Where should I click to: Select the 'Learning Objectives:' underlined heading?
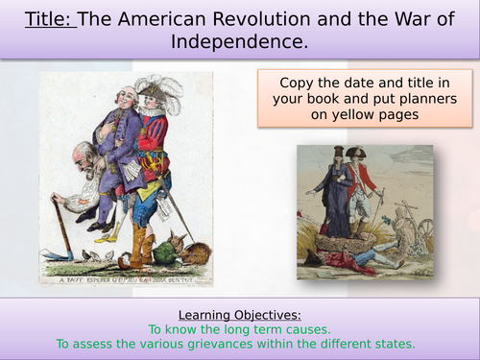tap(240, 313)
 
